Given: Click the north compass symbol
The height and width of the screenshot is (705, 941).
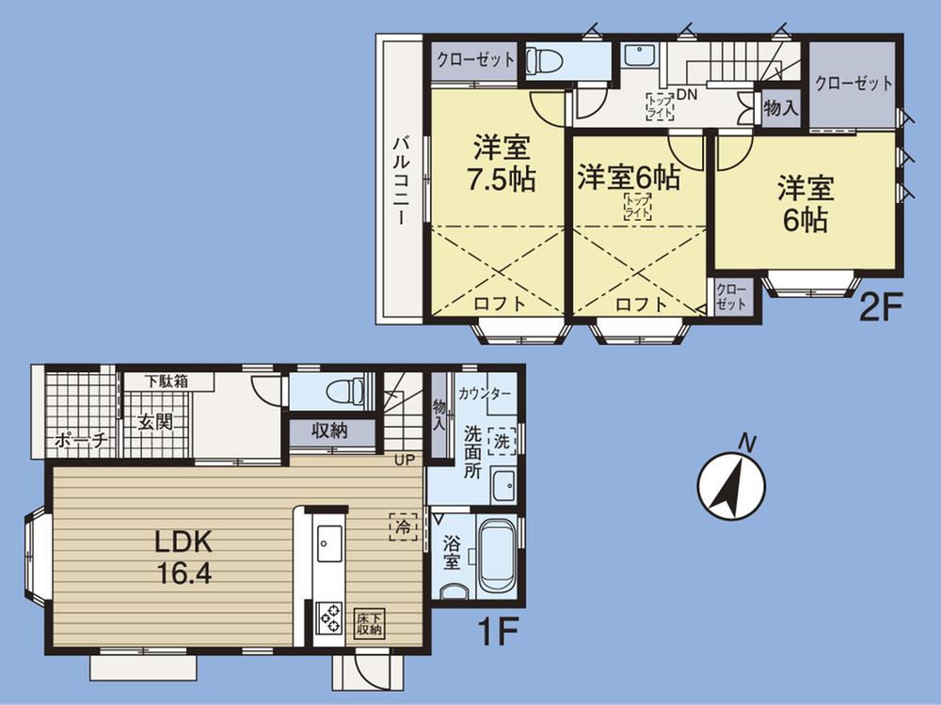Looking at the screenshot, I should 731,487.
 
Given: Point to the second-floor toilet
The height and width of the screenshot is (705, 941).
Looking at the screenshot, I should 544,61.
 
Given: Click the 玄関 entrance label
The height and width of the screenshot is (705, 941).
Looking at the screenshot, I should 157,422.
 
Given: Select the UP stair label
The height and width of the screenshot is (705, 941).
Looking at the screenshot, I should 405,461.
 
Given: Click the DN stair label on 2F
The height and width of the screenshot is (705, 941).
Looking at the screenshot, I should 686,94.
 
